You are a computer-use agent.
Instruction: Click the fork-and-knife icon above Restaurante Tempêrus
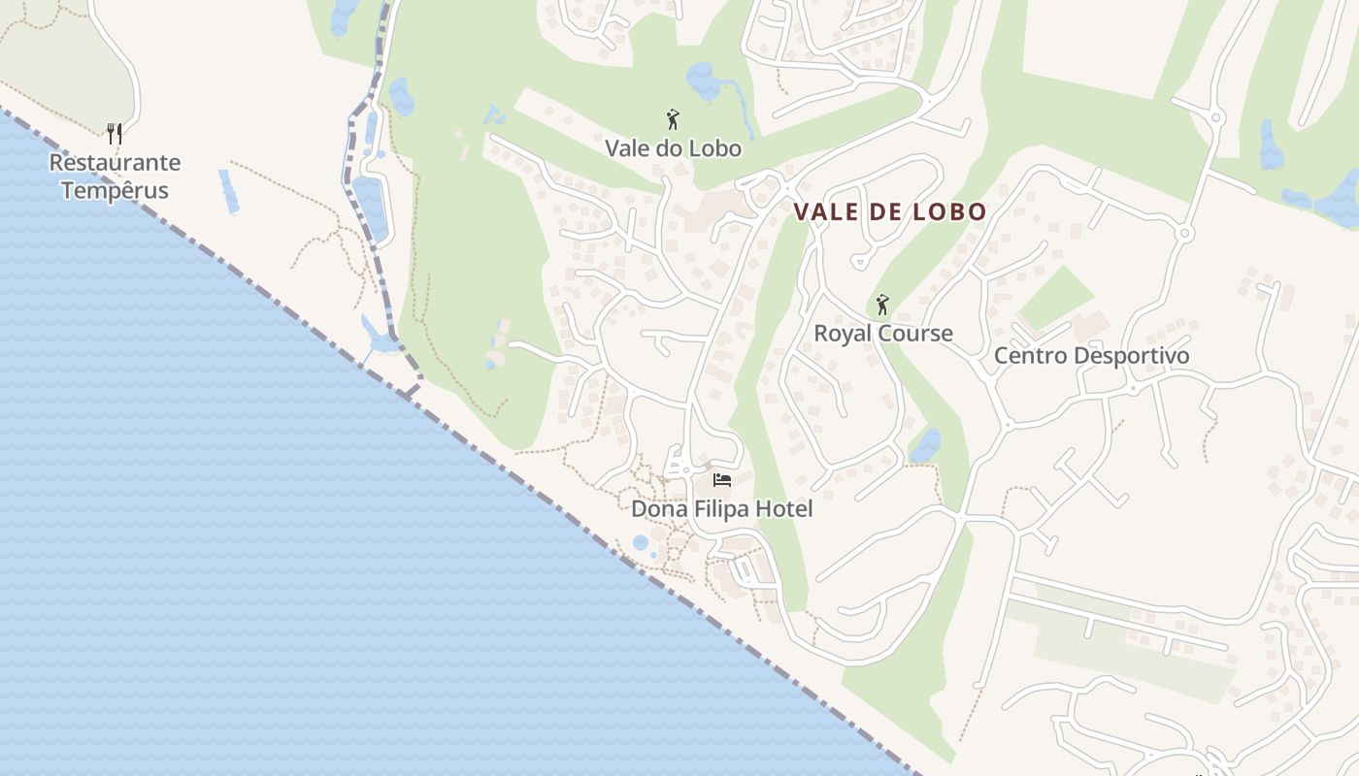point(115,133)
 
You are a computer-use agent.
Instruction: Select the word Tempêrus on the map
point(115,190)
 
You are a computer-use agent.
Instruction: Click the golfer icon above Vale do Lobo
point(673,120)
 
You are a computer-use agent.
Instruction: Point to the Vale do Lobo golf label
point(673,148)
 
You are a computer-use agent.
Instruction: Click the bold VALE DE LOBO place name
point(890,211)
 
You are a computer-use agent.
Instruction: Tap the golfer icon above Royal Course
point(882,306)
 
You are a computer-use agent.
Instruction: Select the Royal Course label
point(882,334)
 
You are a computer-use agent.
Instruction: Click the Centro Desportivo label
point(1091,356)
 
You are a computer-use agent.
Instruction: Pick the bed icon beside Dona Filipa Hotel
point(721,480)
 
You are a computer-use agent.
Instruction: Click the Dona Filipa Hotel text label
point(721,509)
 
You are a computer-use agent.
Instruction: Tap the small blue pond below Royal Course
point(926,445)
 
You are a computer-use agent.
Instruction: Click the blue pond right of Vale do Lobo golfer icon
point(702,81)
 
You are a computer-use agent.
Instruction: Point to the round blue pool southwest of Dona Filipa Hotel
point(640,542)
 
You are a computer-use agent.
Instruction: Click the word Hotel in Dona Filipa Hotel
point(782,509)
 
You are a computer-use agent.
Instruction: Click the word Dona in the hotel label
point(656,509)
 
